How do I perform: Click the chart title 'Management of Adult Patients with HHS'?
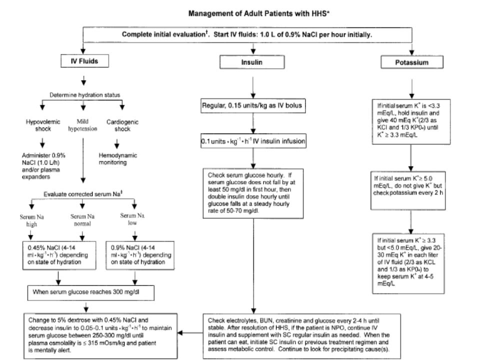click(x=258, y=13)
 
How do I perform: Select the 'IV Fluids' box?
click(x=85, y=61)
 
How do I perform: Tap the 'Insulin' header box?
click(x=252, y=62)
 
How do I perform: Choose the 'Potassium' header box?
click(x=411, y=62)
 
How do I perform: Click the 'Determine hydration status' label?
click(x=85, y=95)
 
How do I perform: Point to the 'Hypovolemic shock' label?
click(x=43, y=125)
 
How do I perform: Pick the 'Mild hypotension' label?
click(x=82, y=125)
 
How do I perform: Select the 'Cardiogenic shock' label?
click(x=122, y=125)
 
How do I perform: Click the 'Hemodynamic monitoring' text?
click(x=118, y=158)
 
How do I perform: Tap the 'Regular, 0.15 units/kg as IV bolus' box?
click(x=253, y=105)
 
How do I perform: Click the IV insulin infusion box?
click(x=253, y=141)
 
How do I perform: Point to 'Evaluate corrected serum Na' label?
click(x=83, y=194)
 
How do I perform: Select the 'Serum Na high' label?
click(x=32, y=220)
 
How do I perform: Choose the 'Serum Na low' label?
click(x=132, y=219)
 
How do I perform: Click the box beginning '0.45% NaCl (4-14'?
click(x=59, y=255)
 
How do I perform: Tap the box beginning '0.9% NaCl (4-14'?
click(x=140, y=255)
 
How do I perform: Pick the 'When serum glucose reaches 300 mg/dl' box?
click(x=91, y=293)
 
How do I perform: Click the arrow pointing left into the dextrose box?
click(x=190, y=333)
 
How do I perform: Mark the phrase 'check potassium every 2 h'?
click(x=408, y=193)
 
